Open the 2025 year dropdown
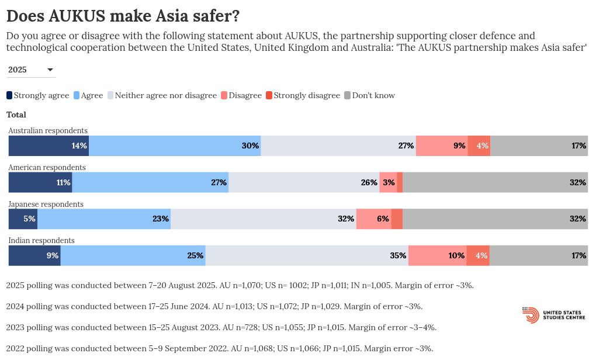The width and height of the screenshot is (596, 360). pyautogui.click(x=32, y=70)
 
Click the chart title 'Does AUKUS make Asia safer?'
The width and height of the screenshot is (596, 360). pyautogui.click(x=123, y=16)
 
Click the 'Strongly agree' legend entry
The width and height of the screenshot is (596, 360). pyautogui.click(x=38, y=95)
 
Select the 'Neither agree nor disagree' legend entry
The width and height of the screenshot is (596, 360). pyautogui.click(x=162, y=95)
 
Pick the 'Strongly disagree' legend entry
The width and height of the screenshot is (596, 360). pyautogui.click(x=303, y=95)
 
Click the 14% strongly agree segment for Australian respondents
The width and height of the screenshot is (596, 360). pyautogui.click(x=48, y=146)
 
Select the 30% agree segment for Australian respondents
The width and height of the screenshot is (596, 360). pyautogui.click(x=175, y=146)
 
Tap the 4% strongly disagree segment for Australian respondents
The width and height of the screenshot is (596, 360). pyautogui.click(x=479, y=146)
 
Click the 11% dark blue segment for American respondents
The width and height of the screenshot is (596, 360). pyautogui.click(x=40, y=182)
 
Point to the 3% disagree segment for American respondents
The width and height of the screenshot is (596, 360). pyautogui.click(x=388, y=182)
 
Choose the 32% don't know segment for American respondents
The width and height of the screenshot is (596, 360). pyautogui.click(x=495, y=182)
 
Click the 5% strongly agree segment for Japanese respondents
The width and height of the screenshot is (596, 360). pyautogui.click(x=23, y=219)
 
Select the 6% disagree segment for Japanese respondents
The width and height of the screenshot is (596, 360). pyautogui.click(x=373, y=219)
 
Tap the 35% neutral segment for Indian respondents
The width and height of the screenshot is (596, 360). pyautogui.click(x=307, y=255)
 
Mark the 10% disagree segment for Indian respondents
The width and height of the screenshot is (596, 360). pyautogui.click(x=437, y=255)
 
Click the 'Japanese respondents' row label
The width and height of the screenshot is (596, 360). pyautogui.click(x=46, y=204)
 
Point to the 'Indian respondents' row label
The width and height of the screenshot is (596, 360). pyautogui.click(x=41, y=240)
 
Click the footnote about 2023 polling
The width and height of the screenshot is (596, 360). pyautogui.click(x=221, y=327)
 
